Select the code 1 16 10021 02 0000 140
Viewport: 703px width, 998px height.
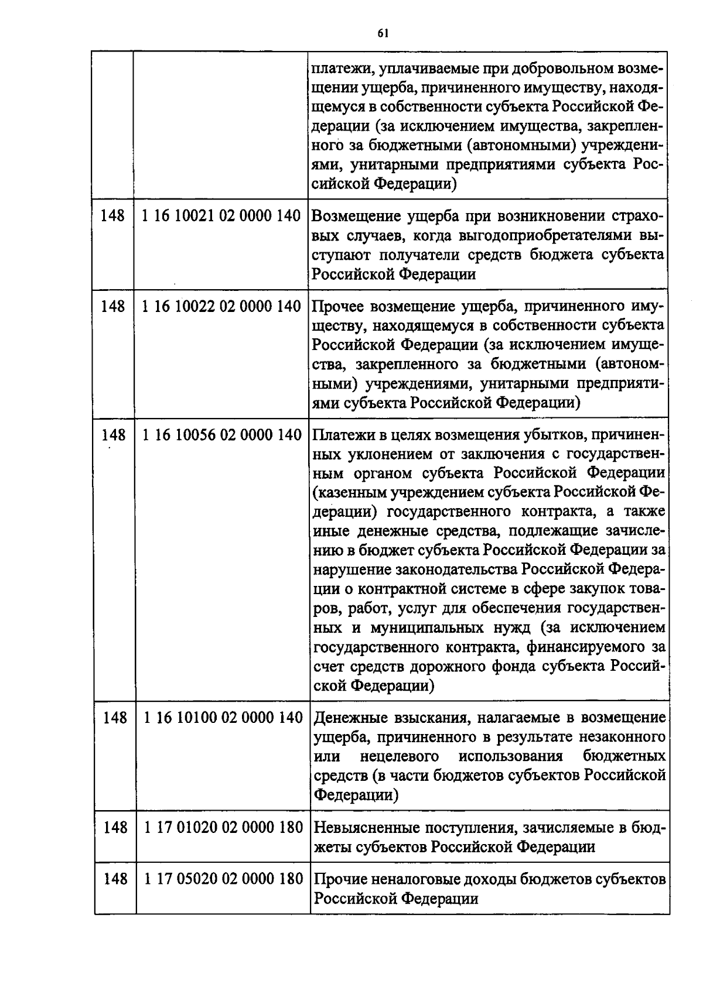[221, 215]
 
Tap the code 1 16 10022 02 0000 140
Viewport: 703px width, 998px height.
[221, 306]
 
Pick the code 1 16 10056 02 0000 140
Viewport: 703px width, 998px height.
[222, 435]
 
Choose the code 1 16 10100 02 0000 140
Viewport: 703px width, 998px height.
[223, 718]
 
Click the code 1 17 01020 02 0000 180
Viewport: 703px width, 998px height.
[223, 827]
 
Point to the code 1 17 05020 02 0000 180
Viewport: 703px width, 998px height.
[223, 879]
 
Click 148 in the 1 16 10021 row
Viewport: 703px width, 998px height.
[112, 215]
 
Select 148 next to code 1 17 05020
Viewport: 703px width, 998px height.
[115, 879]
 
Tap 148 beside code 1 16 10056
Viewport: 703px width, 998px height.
[114, 435]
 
